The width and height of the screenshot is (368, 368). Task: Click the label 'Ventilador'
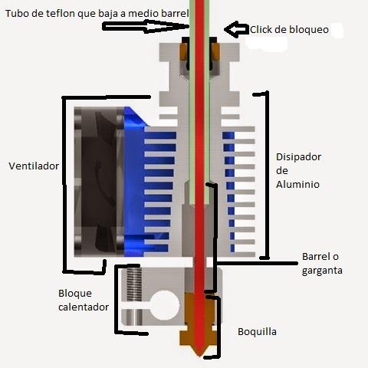pyautogui.click(x=34, y=166)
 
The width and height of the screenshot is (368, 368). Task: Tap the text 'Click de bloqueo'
pyautogui.click(x=289, y=30)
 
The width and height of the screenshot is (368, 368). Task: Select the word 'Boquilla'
pyautogui.click(x=257, y=332)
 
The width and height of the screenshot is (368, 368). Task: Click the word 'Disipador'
pyautogui.click(x=298, y=157)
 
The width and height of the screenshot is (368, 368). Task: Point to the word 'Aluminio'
pyautogui.click(x=297, y=185)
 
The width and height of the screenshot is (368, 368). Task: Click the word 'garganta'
pyautogui.click(x=322, y=271)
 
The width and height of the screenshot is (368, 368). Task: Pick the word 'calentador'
pyautogui.click(x=84, y=307)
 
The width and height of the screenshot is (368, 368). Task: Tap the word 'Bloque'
pyautogui.click(x=75, y=294)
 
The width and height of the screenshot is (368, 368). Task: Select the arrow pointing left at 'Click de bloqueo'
pyautogui.click(x=236, y=29)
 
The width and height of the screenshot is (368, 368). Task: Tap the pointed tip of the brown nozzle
pyautogui.click(x=199, y=356)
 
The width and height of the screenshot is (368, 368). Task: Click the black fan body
pyautogui.click(x=99, y=182)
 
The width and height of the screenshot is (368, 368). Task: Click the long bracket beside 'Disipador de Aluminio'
pyautogui.click(x=266, y=175)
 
